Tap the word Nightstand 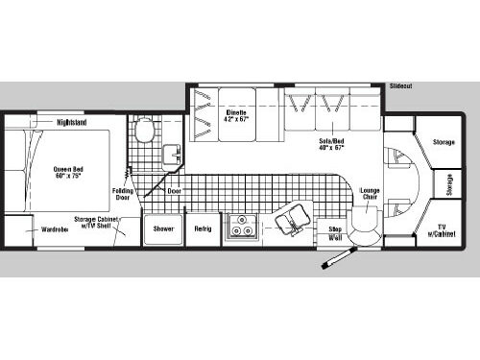[73, 123]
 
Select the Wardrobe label [54, 229]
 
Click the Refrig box [203, 229]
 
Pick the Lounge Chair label [370, 193]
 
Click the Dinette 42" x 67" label [237, 117]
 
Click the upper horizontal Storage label [443, 142]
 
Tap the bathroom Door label [174, 190]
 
